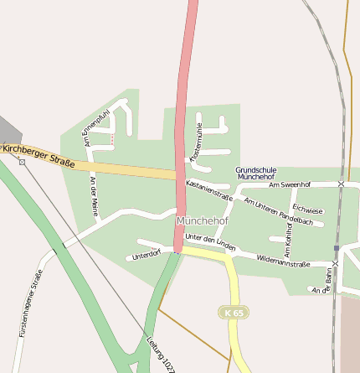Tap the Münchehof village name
(203, 220)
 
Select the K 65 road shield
(234, 312)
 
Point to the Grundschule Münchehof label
(255, 173)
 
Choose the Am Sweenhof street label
(290, 184)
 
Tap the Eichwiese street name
(307, 210)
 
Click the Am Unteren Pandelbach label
(278, 211)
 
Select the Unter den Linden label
(210, 242)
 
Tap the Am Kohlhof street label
(287, 240)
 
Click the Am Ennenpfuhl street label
(91, 127)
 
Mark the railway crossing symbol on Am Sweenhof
(341, 184)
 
